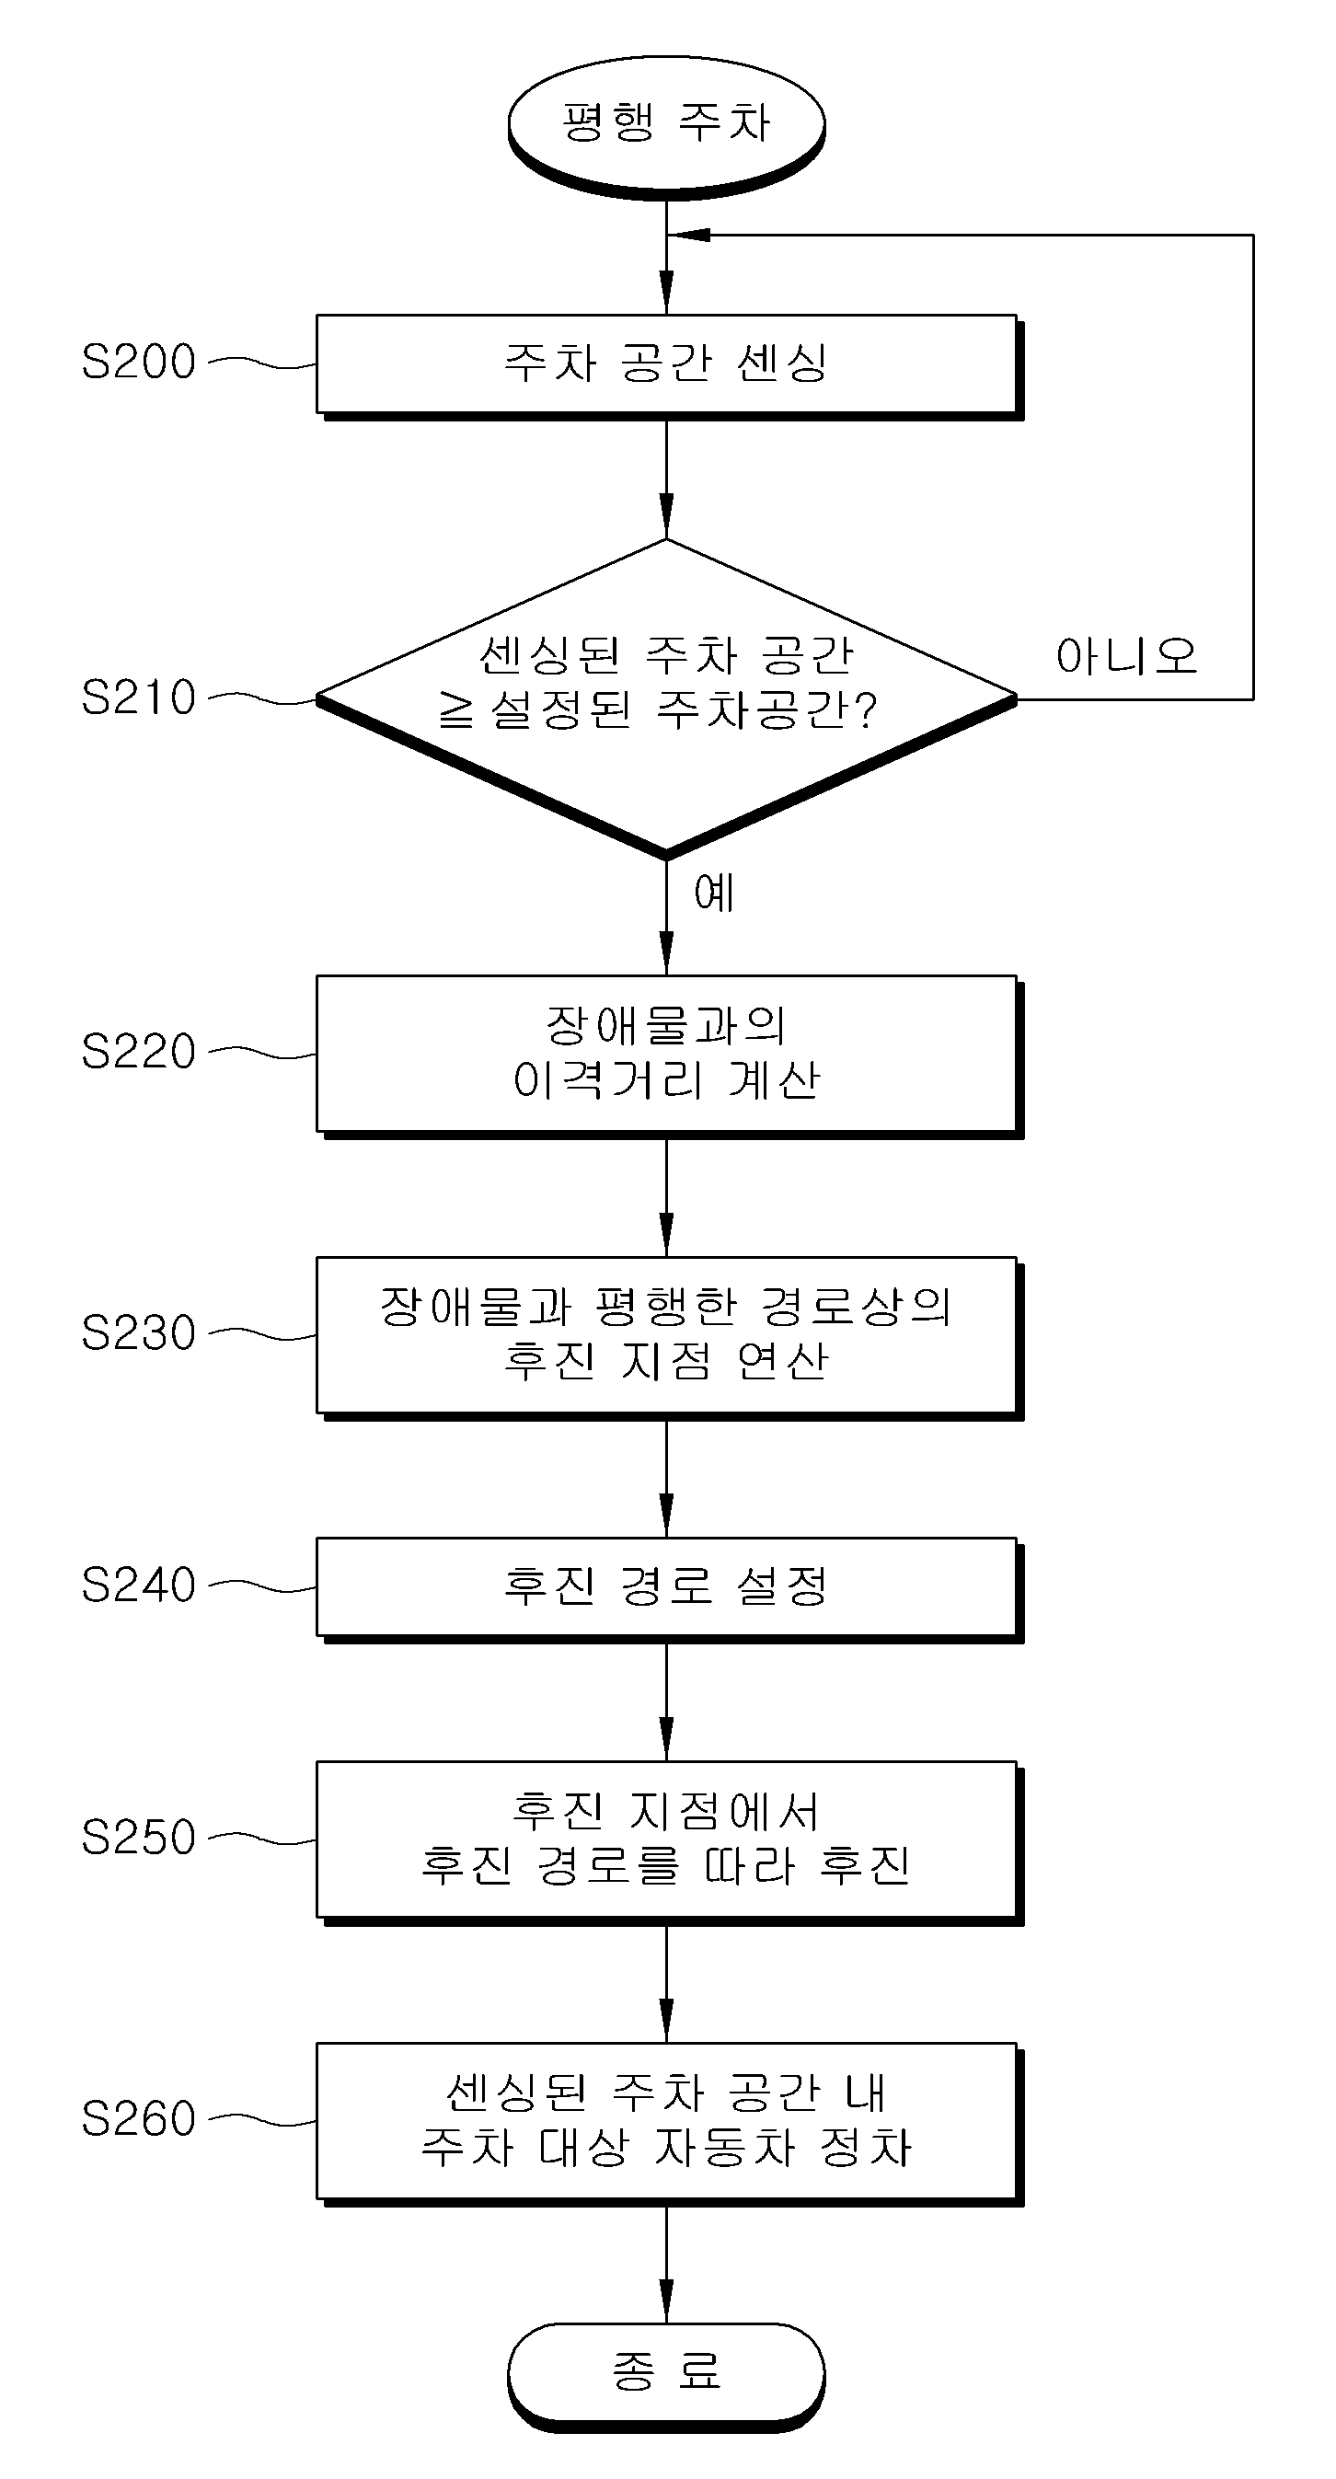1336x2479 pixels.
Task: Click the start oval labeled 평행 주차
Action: (666, 126)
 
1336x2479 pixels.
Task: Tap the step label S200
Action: (139, 362)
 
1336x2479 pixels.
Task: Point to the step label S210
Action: (139, 698)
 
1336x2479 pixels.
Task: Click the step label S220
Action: (139, 1051)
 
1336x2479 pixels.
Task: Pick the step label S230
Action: (139, 1332)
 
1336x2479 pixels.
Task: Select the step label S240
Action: (139, 1585)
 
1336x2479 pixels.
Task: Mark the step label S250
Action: (139, 1837)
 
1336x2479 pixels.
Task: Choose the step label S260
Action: (139, 2119)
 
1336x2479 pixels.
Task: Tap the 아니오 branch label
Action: (1126, 656)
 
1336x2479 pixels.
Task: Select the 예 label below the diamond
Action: (714, 894)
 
